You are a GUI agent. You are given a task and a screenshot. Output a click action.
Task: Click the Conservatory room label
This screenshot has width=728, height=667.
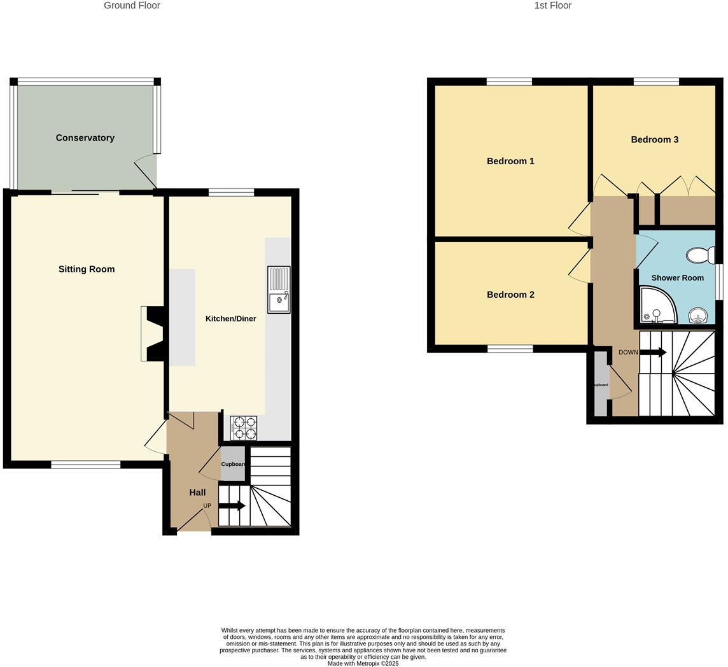click(x=85, y=137)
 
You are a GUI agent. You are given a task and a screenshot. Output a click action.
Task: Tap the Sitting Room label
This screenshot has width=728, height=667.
click(x=87, y=269)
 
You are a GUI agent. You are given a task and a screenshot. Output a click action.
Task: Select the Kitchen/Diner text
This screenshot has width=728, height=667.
click(x=230, y=318)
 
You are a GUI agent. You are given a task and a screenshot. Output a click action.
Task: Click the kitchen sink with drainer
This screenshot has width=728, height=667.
click(x=279, y=290)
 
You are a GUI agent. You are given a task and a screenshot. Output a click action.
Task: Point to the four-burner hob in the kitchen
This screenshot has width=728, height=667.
click(x=244, y=428)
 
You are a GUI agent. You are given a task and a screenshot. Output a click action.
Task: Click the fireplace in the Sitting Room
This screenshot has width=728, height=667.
click(x=153, y=334)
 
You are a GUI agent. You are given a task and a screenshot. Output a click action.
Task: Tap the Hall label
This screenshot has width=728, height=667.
click(x=197, y=492)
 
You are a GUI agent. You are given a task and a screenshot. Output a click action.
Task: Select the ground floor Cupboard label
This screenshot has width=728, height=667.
click(x=234, y=464)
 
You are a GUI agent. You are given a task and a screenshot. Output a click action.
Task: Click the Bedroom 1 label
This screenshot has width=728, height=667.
click(x=510, y=161)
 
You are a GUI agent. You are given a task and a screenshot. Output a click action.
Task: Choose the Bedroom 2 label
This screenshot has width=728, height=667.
click(x=510, y=295)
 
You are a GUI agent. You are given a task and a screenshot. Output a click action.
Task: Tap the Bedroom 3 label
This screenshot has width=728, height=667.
click(x=654, y=139)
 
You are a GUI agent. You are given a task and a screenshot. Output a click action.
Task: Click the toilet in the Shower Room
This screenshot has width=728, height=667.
click(x=700, y=256)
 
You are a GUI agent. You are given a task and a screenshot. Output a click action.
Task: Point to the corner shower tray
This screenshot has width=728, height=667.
click(x=657, y=306)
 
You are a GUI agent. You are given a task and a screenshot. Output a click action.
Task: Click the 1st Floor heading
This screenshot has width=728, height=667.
click(x=552, y=6)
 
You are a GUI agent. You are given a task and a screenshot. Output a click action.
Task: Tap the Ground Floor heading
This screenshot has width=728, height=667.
click(x=132, y=6)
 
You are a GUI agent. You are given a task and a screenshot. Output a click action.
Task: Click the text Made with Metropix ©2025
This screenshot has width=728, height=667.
click(x=363, y=663)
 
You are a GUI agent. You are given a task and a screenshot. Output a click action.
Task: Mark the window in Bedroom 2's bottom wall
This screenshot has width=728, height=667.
click(x=510, y=349)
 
